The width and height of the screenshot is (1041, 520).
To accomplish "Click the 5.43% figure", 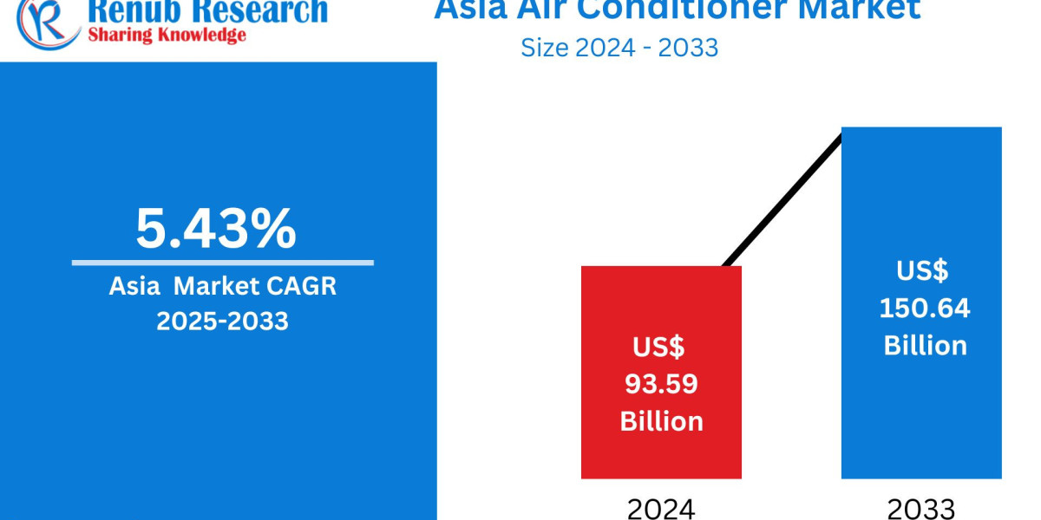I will (x=215, y=228).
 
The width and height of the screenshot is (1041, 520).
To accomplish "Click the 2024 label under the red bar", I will (x=661, y=508).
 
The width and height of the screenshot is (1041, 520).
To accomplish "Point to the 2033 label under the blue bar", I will (x=921, y=508).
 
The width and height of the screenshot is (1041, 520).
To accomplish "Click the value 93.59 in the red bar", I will (x=661, y=384).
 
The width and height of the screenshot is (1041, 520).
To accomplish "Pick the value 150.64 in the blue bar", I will (x=925, y=308).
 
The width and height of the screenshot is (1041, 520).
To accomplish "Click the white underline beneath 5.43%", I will (x=222, y=263).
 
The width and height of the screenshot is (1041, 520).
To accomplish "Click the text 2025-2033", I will (x=222, y=321).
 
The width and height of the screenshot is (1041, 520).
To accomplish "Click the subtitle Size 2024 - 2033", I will (x=619, y=47).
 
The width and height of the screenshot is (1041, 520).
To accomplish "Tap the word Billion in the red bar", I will (x=661, y=421).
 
